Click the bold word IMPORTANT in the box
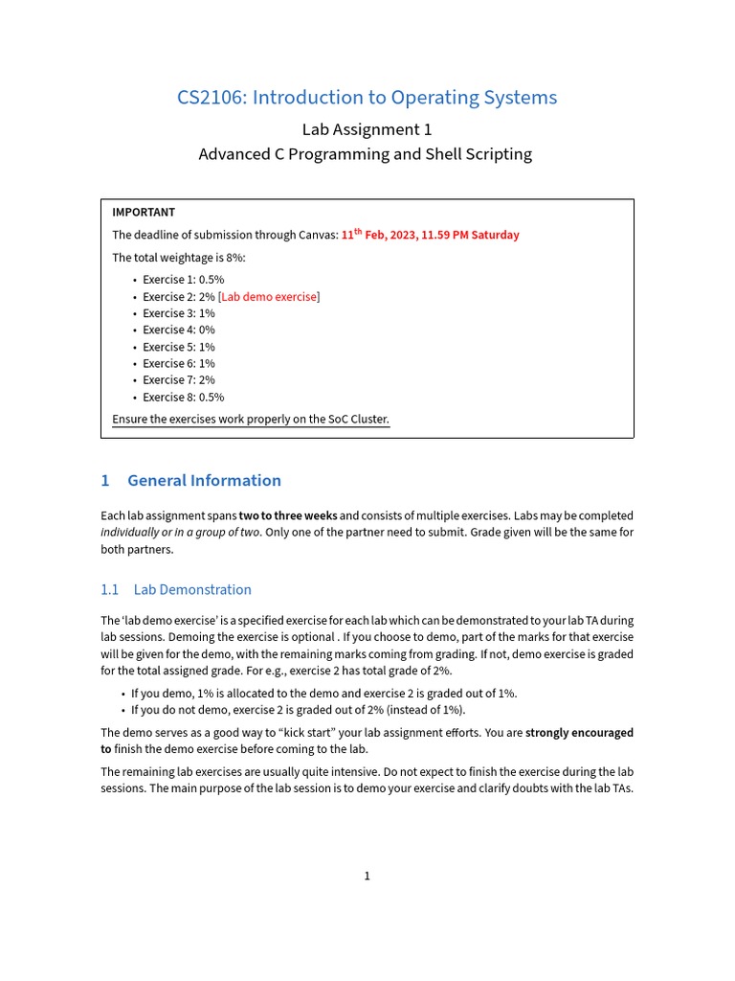pos(144,213)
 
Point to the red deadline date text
pos(431,235)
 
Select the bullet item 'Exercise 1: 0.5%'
pos(183,280)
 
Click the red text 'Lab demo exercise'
pos(269,297)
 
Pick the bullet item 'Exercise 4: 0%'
pos(179,330)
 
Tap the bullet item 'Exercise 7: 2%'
pos(179,380)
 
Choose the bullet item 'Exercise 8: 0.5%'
pos(183,397)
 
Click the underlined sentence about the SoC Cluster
pos(251,420)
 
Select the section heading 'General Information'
pos(204,481)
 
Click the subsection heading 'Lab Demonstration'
pos(192,590)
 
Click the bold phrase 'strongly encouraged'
pos(579,733)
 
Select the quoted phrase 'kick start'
pos(310,733)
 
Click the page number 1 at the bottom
pos(367,876)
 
